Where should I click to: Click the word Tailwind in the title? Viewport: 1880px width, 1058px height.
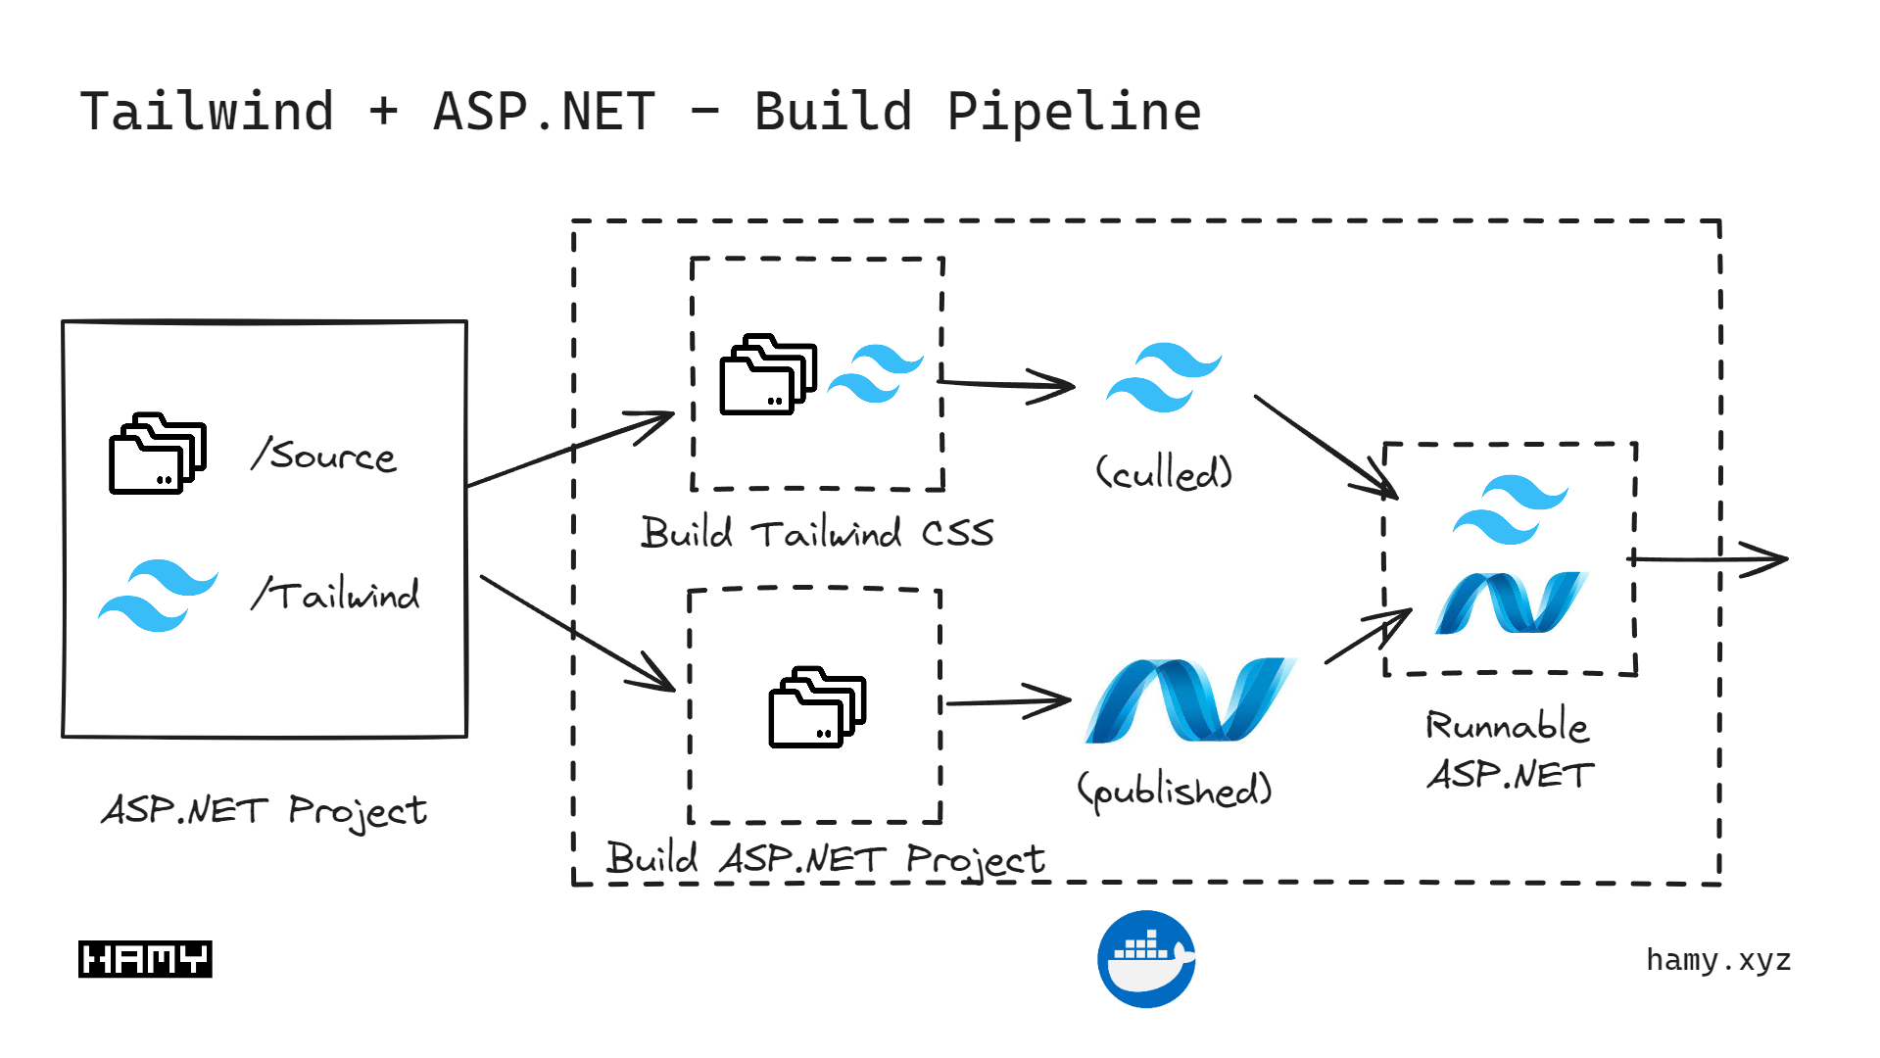click(207, 112)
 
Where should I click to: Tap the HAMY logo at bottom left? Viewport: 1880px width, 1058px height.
click(145, 959)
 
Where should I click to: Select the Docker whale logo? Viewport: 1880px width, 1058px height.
click(1146, 959)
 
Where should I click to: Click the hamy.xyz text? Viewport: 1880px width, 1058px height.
click(1718, 960)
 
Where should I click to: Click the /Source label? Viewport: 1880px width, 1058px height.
click(324, 456)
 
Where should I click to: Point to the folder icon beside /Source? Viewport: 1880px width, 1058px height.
click(157, 454)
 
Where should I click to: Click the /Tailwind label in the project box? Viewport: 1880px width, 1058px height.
click(336, 595)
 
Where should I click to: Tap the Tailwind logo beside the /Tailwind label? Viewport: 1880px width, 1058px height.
click(158, 595)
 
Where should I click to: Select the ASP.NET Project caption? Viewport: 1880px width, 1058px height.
click(264, 811)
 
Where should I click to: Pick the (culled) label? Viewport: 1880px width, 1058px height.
click(1163, 473)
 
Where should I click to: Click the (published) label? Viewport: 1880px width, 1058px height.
click(1174, 790)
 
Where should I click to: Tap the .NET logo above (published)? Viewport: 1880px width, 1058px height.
click(1189, 699)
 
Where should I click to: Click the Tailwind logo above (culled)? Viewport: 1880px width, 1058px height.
click(1163, 377)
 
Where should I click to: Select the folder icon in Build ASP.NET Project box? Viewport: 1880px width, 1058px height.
click(816, 707)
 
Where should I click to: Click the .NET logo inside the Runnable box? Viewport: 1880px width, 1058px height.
click(1510, 602)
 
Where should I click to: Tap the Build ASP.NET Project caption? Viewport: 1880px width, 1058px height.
click(825, 860)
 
